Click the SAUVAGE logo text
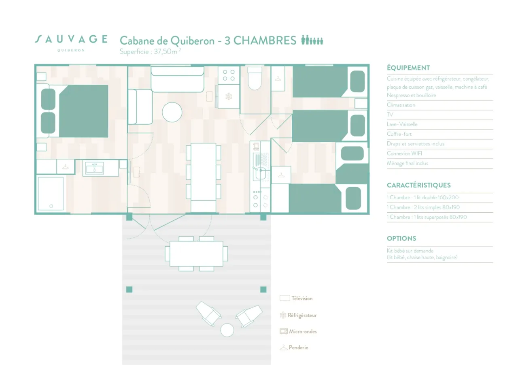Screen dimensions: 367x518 coord(71,39)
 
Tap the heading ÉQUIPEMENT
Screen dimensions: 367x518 coord(408,68)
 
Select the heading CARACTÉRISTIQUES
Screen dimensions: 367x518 coord(418,185)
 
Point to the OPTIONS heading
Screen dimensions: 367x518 coord(401,238)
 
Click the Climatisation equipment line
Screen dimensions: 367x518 coord(401,105)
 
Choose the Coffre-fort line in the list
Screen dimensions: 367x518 coord(399,134)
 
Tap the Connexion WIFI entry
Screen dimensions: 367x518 coord(404,154)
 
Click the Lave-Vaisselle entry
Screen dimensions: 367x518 coord(402,124)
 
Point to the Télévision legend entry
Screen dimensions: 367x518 coord(301,299)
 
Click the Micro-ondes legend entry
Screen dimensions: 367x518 coord(302,331)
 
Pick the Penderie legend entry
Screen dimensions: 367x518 coord(298,348)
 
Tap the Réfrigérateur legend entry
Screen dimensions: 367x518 coord(301,315)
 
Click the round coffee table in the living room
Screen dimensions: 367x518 coord(172,112)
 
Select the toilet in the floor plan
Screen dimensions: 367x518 coord(255,79)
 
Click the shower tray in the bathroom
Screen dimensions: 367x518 coord(51,193)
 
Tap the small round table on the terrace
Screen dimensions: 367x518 coord(227,330)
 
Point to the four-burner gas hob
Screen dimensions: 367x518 coord(229,75)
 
